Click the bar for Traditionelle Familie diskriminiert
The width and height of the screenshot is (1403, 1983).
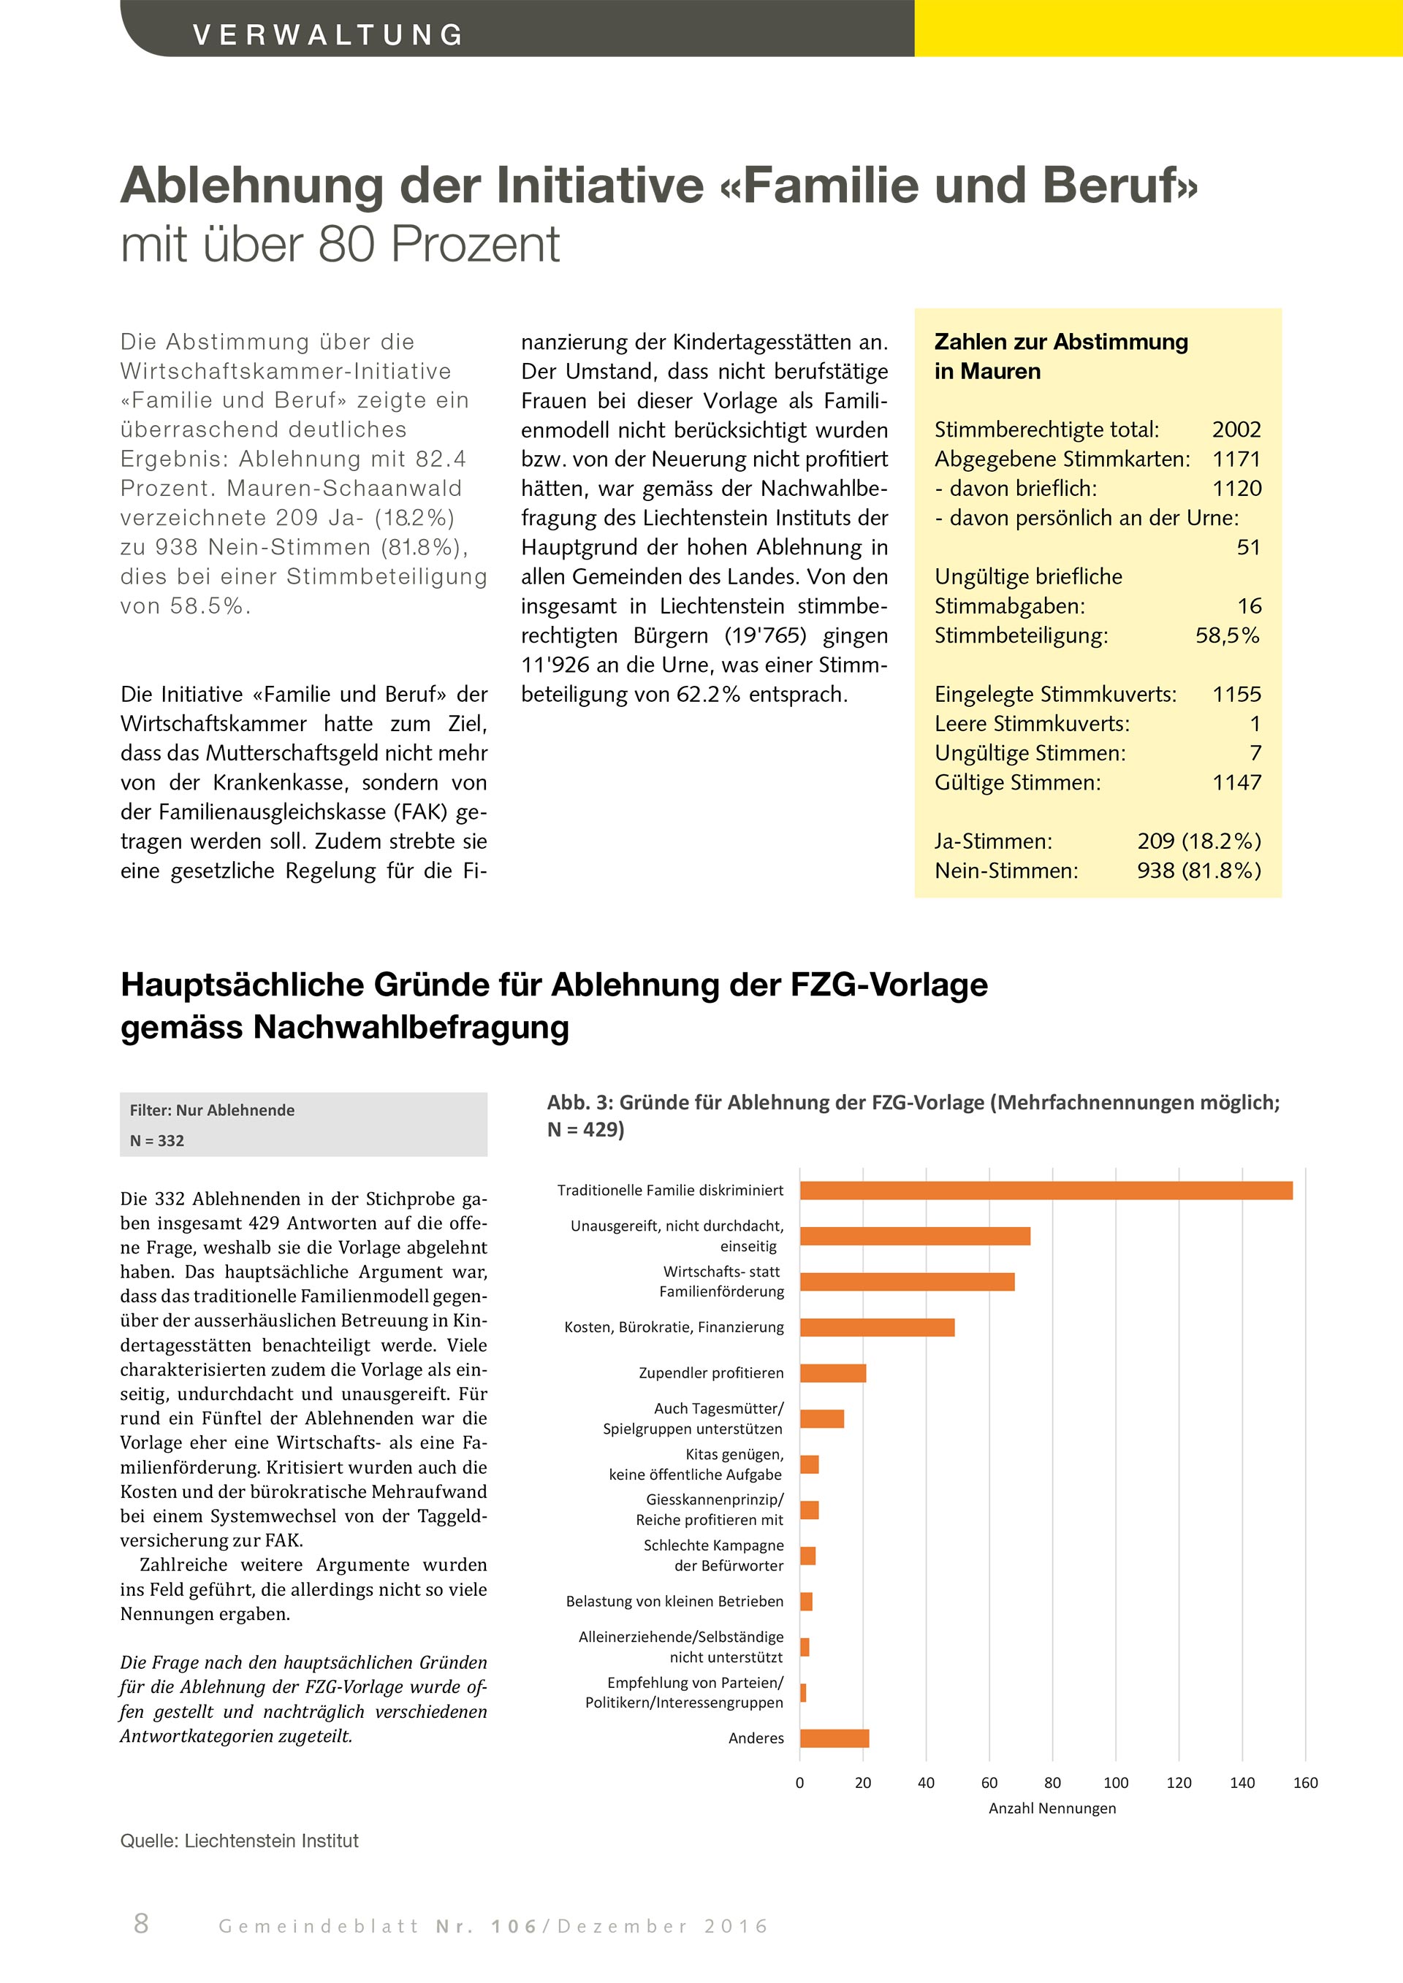pyautogui.click(x=1046, y=1190)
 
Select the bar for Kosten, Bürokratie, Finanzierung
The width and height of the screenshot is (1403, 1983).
pyautogui.click(x=877, y=1327)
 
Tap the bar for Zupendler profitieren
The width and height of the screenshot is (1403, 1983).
pyautogui.click(x=833, y=1373)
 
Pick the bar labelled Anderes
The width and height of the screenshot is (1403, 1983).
pyautogui.click(x=834, y=1738)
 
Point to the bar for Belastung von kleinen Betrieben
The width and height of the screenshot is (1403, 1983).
pyautogui.click(x=806, y=1602)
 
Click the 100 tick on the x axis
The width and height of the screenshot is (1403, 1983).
pyautogui.click(x=1115, y=1783)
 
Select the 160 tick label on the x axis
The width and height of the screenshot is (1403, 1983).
pyautogui.click(x=1304, y=1783)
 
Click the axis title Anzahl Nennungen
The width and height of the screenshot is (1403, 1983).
pyautogui.click(x=1052, y=1808)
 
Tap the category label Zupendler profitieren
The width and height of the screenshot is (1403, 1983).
pyautogui.click(x=711, y=1373)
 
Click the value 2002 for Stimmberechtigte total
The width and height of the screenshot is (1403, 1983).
pyautogui.click(x=1236, y=430)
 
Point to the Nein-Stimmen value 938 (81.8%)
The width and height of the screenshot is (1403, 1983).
pyautogui.click(x=1198, y=871)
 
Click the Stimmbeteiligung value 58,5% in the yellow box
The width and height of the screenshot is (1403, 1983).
pyautogui.click(x=1227, y=635)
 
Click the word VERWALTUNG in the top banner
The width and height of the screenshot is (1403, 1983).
pyautogui.click(x=328, y=34)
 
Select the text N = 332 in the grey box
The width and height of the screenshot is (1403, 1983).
pyautogui.click(x=157, y=1141)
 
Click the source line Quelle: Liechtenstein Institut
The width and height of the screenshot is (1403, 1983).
pyautogui.click(x=239, y=1841)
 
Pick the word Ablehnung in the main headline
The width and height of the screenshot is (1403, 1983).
pyautogui.click(x=251, y=186)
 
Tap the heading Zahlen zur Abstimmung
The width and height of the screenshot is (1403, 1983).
pyautogui.click(x=1061, y=342)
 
